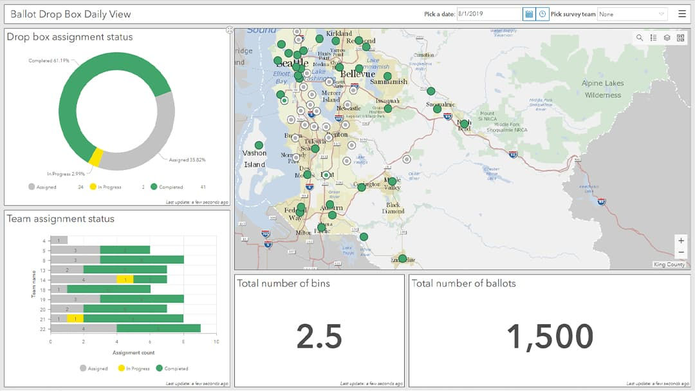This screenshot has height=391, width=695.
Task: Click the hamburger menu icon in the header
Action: pyautogui.click(x=681, y=14)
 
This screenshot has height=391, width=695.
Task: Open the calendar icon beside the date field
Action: pyautogui.click(x=529, y=14)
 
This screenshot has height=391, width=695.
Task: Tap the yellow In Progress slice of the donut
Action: pyautogui.click(x=95, y=157)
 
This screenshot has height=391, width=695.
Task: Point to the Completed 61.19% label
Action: pyautogui.click(x=49, y=61)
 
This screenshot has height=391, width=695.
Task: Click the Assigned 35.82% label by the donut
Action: pyautogui.click(x=187, y=160)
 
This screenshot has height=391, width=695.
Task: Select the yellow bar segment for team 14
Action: pyautogui.click(x=125, y=280)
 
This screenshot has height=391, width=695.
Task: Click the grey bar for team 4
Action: pyautogui.click(x=59, y=240)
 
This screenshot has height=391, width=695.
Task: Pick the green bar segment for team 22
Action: pyautogui.click(x=158, y=328)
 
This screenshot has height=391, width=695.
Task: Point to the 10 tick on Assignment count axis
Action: pyautogui.click(x=216, y=341)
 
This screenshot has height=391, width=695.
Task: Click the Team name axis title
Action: pyautogui.click(x=33, y=284)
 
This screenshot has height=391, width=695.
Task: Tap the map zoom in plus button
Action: pyautogui.click(x=681, y=240)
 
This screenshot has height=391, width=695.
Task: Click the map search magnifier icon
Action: pyautogui.click(x=640, y=38)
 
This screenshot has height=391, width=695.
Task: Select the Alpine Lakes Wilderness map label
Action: pyautogui.click(x=602, y=89)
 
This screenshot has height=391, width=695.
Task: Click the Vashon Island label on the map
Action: pyautogui.click(x=254, y=158)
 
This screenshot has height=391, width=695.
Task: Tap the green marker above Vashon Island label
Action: pyautogui.click(x=259, y=146)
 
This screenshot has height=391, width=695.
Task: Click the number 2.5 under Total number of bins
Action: pyautogui.click(x=319, y=336)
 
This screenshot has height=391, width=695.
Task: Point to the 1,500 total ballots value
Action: pyautogui.click(x=550, y=336)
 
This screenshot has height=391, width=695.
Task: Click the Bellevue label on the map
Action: pyautogui.click(x=357, y=74)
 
